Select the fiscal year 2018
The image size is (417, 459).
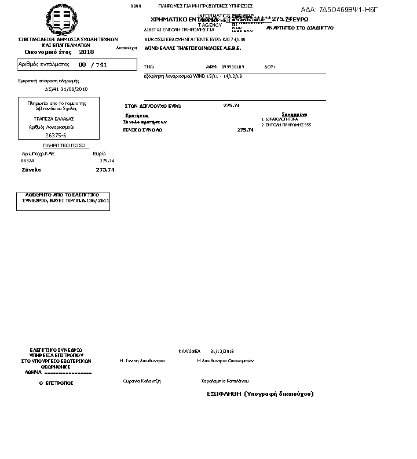86,52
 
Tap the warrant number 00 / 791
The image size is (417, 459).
93,65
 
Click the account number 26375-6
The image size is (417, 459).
56,134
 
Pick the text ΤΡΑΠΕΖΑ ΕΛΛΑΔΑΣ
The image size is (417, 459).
53,119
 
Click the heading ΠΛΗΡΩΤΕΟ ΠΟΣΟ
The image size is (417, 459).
64,145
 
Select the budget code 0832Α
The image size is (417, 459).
28,161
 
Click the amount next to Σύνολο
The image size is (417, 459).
105,170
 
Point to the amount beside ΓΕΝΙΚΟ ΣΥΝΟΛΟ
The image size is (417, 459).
246,130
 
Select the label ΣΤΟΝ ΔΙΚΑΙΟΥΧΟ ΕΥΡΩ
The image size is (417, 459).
153,106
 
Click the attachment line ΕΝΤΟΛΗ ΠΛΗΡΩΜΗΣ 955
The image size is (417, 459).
288,125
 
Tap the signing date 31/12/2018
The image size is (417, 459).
222,351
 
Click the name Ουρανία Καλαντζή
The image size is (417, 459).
141,381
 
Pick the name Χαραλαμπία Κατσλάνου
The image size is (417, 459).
225,381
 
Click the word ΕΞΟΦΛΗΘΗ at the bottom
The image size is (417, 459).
224,394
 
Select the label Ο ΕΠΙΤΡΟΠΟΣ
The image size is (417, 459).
56,384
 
